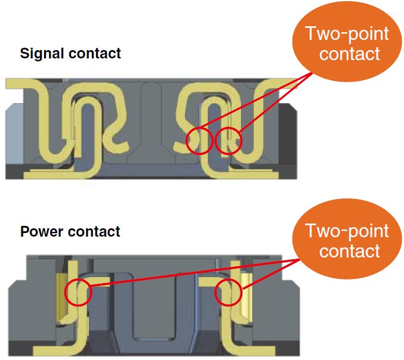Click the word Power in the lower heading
click(x=40, y=231)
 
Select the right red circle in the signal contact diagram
click(x=229, y=140)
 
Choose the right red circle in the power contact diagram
click(x=228, y=293)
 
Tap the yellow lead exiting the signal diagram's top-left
click(x=18, y=83)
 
